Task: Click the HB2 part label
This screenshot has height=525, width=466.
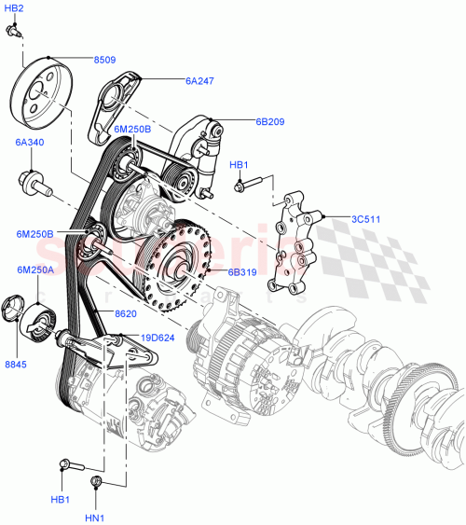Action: (x=14, y=8)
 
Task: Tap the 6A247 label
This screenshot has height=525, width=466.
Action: (x=199, y=80)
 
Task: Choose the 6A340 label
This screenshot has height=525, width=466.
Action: (x=29, y=143)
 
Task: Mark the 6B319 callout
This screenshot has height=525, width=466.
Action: (x=242, y=272)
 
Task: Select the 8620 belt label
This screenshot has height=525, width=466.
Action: (x=126, y=315)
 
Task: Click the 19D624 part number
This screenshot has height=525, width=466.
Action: (x=158, y=337)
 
